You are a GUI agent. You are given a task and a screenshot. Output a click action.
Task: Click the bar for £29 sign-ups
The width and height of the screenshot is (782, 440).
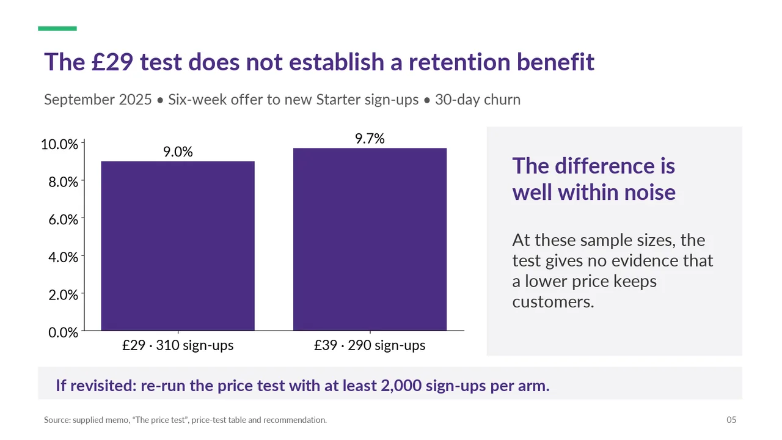pyautogui.click(x=178, y=246)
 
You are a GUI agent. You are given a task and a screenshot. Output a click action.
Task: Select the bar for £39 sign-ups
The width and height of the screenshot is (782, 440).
pyautogui.click(x=370, y=239)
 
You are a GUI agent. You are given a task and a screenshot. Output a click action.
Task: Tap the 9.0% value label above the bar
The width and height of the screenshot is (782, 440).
pyautogui.click(x=178, y=152)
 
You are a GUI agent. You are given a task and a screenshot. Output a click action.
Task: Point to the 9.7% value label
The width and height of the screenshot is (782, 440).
pyautogui.click(x=370, y=139)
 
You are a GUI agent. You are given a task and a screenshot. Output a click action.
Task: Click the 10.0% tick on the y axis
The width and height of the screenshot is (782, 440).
pyautogui.click(x=59, y=144)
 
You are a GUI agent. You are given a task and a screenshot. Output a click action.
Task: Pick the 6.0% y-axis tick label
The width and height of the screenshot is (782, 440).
pyautogui.click(x=63, y=219)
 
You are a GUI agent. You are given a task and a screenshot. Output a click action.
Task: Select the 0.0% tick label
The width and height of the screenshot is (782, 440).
pyautogui.click(x=63, y=332)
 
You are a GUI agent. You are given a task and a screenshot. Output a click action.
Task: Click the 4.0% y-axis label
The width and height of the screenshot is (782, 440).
pyautogui.click(x=63, y=257)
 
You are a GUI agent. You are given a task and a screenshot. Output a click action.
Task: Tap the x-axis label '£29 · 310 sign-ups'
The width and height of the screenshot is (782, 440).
pyautogui.click(x=178, y=345)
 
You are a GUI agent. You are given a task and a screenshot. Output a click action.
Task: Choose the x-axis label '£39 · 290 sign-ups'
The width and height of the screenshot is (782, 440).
pyautogui.click(x=370, y=345)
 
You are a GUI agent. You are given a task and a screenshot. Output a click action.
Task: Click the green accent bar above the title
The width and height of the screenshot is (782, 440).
pyautogui.click(x=57, y=29)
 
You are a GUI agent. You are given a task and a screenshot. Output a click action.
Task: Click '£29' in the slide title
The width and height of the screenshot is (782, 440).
pyautogui.click(x=112, y=62)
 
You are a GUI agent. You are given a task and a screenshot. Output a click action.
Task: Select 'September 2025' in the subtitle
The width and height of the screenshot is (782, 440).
pyautogui.click(x=98, y=100)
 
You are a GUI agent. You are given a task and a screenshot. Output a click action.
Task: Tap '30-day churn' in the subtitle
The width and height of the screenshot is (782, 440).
pyautogui.click(x=478, y=100)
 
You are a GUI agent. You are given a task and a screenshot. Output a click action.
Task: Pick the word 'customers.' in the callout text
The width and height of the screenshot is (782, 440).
pyautogui.click(x=553, y=302)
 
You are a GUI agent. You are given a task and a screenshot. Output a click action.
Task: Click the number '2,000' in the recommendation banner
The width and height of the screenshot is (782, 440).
pyautogui.click(x=401, y=386)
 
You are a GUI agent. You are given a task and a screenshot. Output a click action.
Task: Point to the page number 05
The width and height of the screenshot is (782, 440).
pyautogui.click(x=731, y=420)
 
